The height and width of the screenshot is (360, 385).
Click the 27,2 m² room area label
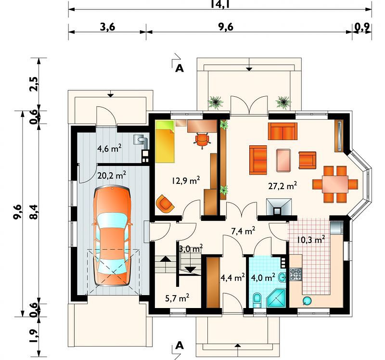click(x=282, y=186)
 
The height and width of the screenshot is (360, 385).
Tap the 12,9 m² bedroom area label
click(x=186, y=180)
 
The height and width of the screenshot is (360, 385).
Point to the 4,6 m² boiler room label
click(x=109, y=148)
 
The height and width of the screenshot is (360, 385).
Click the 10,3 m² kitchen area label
click(x=311, y=239)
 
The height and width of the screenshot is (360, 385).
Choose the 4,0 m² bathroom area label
click(x=263, y=278)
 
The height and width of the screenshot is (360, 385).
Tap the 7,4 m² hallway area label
click(x=243, y=231)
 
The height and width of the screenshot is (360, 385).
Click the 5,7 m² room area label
click(x=177, y=298)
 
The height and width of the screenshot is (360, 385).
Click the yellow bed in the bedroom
click(x=165, y=141)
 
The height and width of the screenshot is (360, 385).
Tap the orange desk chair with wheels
click(x=202, y=140)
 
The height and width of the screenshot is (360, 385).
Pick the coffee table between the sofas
click(x=283, y=160)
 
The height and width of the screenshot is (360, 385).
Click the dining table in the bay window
click(x=335, y=184)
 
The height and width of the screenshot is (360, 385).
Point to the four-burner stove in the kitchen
click(x=295, y=274)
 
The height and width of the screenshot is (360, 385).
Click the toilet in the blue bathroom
click(x=257, y=300)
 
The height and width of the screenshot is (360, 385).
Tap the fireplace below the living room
click(x=279, y=207)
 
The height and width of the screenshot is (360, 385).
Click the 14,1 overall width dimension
click(x=220, y=4)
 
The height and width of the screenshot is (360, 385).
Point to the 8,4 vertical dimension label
click(x=34, y=212)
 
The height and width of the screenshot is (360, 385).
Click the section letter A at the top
click(x=180, y=68)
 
